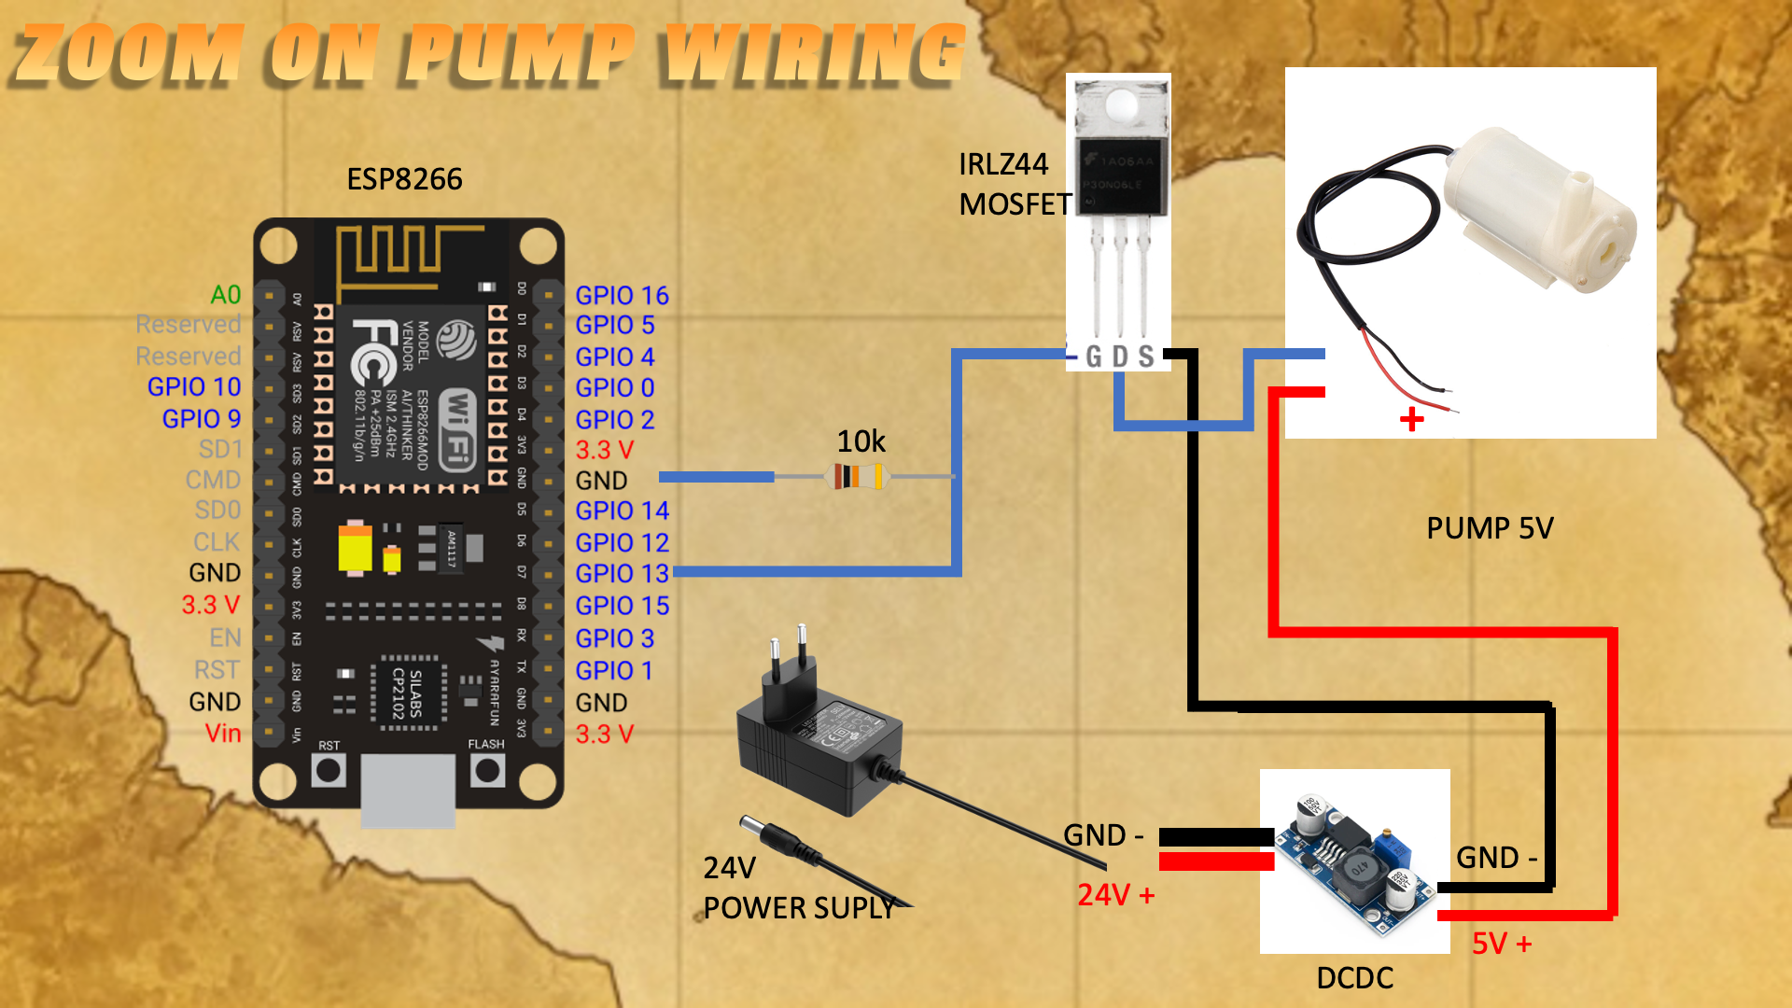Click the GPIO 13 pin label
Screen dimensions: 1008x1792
click(x=622, y=574)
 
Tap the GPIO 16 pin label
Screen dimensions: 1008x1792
click(x=622, y=296)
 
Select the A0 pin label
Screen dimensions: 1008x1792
click(x=226, y=295)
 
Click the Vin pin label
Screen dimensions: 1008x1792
click(x=223, y=734)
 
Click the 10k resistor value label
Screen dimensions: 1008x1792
click(x=861, y=441)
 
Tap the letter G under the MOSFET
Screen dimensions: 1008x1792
click(x=1094, y=357)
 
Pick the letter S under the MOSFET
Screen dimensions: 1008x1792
click(x=1146, y=357)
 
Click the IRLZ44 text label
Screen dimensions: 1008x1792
click(x=1003, y=164)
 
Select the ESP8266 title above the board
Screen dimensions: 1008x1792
click(x=404, y=179)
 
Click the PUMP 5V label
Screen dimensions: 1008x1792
click(x=1490, y=528)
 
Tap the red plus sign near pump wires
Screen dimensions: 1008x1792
click(x=1412, y=419)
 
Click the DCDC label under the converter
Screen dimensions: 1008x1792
click(x=1354, y=978)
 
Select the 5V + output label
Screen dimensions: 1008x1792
click(x=1502, y=944)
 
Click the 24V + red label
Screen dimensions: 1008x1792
click(x=1115, y=895)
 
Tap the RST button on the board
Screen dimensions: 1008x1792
click(x=329, y=771)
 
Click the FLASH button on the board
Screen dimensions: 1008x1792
click(x=487, y=771)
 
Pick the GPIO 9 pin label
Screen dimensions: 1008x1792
click(x=202, y=419)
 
